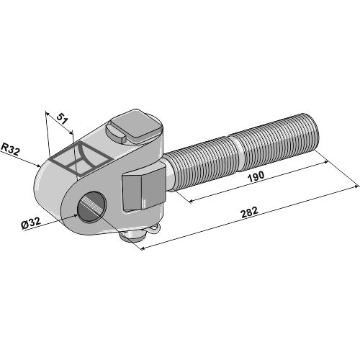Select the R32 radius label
tap(10, 149)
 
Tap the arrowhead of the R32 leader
tap(40, 166)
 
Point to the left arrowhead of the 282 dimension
tap(141, 249)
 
